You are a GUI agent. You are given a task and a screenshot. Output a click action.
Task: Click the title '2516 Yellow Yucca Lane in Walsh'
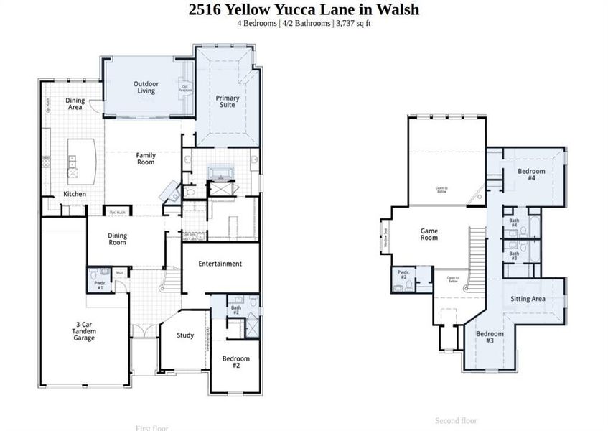click(304, 9)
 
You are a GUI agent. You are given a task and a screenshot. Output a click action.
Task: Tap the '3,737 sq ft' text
click(353, 23)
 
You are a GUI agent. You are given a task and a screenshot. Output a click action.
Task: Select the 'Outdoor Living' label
click(146, 88)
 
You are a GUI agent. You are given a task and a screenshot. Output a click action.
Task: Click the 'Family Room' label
click(146, 159)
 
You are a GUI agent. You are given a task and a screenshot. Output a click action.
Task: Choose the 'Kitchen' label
click(75, 194)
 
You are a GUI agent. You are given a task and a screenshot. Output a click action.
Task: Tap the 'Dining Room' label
click(117, 238)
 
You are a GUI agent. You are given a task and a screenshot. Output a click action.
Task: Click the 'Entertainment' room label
click(220, 264)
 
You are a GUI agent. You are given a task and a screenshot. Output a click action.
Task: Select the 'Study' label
click(185, 335)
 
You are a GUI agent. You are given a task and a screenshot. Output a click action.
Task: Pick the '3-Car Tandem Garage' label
click(84, 331)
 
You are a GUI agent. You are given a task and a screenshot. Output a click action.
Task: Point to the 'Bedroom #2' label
click(235, 362)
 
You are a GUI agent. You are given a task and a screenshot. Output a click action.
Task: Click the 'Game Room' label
click(429, 234)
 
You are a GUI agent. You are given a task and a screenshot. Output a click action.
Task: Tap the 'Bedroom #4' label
click(531, 175)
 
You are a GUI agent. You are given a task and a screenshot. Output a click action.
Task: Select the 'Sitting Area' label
click(528, 299)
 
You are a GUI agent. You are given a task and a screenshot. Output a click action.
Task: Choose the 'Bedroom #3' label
click(490, 337)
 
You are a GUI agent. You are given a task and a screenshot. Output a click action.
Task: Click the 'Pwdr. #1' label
click(99, 285)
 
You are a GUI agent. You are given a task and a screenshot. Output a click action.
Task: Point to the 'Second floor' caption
click(456, 421)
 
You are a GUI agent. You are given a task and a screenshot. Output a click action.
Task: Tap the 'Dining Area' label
click(75, 103)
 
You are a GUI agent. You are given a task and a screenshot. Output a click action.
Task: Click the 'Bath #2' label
click(235, 311)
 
